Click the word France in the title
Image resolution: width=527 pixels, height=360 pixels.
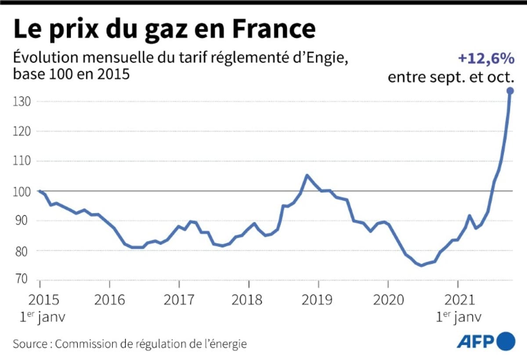[273, 29]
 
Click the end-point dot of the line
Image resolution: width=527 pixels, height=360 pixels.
[510, 91]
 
